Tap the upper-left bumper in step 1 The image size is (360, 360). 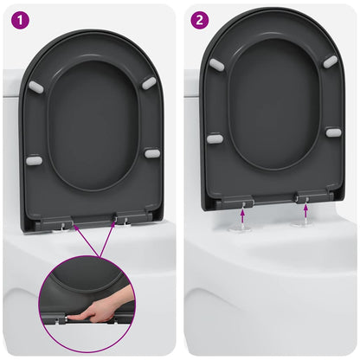(36, 87)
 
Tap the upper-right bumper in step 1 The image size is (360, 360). (149, 82)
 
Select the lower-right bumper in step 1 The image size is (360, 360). (152, 153)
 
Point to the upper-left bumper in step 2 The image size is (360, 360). (216, 65)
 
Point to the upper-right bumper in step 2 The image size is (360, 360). (331, 61)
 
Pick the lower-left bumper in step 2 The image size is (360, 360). (215, 138)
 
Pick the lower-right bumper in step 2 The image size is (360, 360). (333, 132)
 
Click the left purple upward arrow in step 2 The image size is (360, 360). (243, 208)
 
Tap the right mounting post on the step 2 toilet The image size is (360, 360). (304, 221)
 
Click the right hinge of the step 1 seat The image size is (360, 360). (124, 219)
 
